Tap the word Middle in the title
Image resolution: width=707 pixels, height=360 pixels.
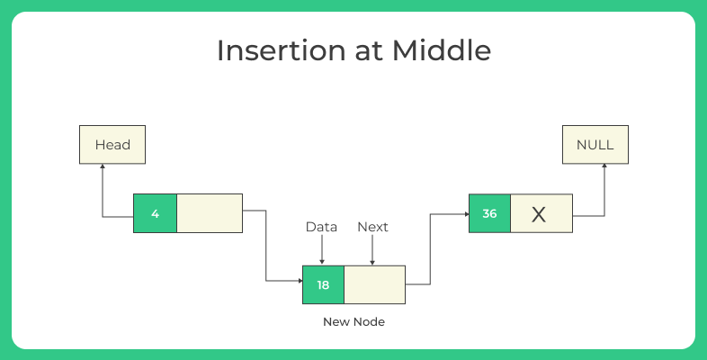click(441, 50)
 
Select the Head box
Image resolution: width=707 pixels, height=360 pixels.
click(112, 145)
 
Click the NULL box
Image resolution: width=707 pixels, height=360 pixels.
click(595, 145)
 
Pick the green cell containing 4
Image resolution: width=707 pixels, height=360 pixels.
click(155, 213)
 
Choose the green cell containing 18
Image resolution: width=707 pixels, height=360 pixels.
click(323, 284)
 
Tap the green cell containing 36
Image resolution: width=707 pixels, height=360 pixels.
click(489, 214)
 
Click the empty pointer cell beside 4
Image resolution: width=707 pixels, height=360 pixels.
click(209, 213)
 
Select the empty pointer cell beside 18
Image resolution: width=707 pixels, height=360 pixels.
click(374, 284)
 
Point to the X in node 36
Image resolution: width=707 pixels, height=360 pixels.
click(539, 214)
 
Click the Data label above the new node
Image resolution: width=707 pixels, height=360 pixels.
click(321, 227)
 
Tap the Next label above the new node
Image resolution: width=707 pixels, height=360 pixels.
click(372, 227)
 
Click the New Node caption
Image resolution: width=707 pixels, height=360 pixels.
click(353, 321)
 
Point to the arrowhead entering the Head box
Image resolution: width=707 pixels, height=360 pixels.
click(103, 168)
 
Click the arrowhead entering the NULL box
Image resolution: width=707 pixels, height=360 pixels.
click(604, 168)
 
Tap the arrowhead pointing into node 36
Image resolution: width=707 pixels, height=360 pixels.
click(464, 214)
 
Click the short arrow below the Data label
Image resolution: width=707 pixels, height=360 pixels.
click(321, 252)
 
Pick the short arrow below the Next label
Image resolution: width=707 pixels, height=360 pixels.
click(372, 252)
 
